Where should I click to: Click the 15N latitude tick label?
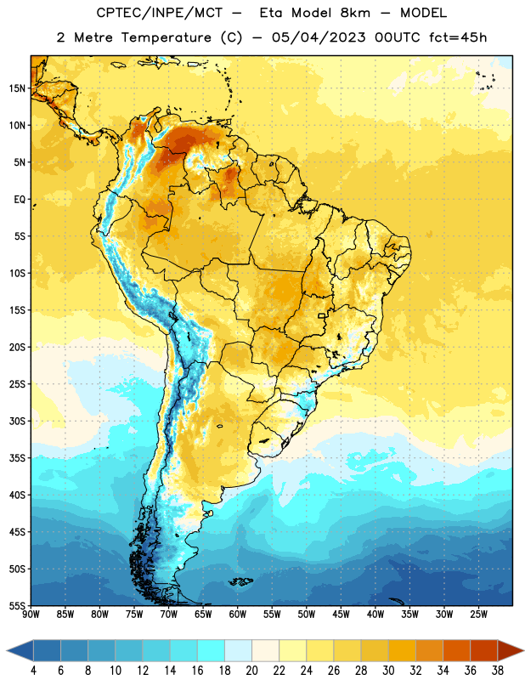coord(17,88)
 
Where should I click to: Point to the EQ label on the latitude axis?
coord(20,200)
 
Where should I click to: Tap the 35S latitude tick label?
coord(17,458)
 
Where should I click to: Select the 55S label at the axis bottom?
coord(17,605)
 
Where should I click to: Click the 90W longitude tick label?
coord(31,615)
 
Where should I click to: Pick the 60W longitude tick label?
coord(238,615)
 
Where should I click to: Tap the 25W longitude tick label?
coord(478,615)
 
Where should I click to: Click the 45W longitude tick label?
coord(341,615)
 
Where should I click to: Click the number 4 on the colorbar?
coord(33,671)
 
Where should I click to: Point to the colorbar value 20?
coord(251,671)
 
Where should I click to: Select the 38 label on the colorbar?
coord(498,671)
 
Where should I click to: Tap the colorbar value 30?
coord(388,671)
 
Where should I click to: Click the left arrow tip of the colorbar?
coord(7,650)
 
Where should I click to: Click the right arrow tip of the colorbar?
coord(523,650)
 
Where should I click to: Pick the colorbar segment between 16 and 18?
coord(211,650)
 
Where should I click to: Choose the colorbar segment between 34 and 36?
coord(456,650)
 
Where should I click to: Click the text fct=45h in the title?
coord(458,37)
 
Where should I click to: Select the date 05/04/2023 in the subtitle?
coord(319,37)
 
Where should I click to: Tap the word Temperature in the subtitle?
coord(166,37)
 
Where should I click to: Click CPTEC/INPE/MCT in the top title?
coord(160,13)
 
